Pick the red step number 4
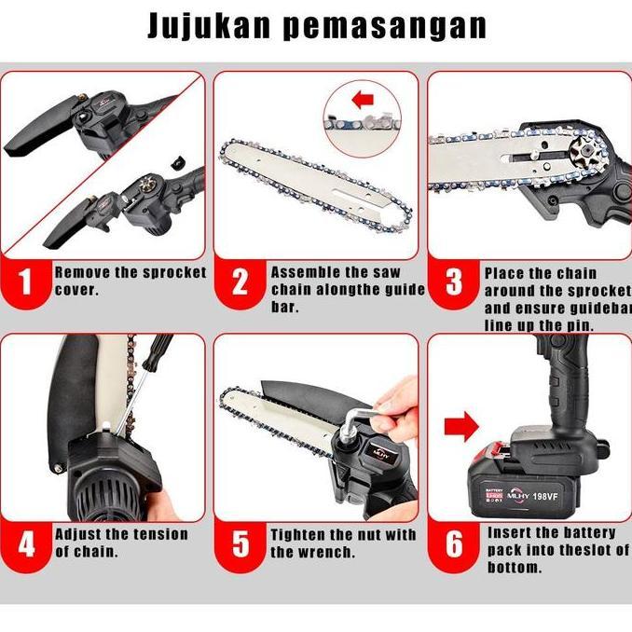point(26,544)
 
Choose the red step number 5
point(240,544)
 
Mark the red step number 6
point(454,544)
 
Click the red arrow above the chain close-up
point(363,98)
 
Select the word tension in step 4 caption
point(155,534)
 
